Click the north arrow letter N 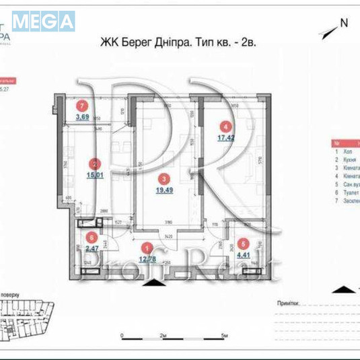344,22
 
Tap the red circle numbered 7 82,106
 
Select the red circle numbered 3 164,179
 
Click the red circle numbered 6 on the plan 91,236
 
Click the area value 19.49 164,190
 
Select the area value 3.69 82,116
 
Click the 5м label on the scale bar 226,334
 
